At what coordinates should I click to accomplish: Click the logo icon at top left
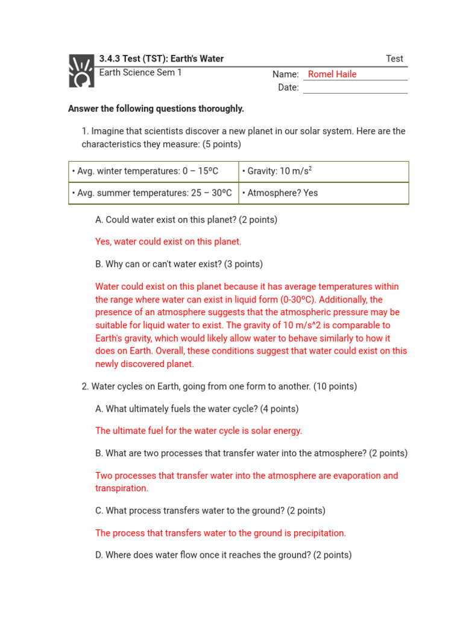click(81, 71)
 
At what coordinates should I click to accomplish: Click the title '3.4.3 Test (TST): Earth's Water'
click(161, 59)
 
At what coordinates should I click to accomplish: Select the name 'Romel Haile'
click(332, 74)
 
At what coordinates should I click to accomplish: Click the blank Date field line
click(355, 88)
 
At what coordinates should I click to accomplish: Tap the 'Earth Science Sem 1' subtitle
click(140, 72)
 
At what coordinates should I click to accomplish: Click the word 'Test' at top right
click(394, 59)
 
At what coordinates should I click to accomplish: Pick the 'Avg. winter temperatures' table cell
click(153, 171)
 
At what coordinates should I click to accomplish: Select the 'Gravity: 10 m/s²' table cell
click(323, 171)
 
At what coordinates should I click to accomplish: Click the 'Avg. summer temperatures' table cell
click(153, 193)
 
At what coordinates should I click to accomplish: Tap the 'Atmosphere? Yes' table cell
click(323, 193)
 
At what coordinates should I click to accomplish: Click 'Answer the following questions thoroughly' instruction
click(156, 109)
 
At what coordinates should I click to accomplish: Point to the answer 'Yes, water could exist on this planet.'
click(168, 241)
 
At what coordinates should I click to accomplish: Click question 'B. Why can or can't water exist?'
click(179, 264)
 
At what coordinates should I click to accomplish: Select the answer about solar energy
click(198, 431)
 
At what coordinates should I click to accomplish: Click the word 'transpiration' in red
click(121, 488)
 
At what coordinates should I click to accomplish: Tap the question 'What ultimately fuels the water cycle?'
click(197, 409)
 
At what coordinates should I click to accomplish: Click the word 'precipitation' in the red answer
click(318, 533)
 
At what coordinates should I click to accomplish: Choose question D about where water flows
click(223, 555)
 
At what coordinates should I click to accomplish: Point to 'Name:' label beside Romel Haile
click(285, 74)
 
